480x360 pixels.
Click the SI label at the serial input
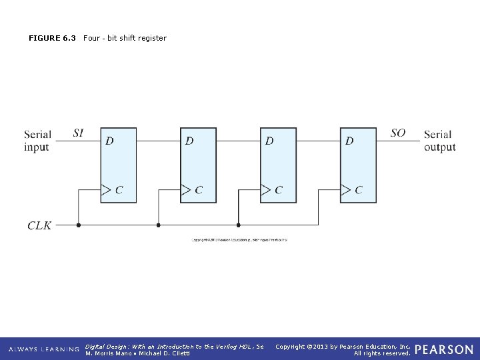point(79,133)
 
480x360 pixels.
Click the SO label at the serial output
point(398,133)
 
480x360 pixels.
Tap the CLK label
point(39,226)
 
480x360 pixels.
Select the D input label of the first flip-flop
point(109,141)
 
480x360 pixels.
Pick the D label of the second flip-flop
point(189,141)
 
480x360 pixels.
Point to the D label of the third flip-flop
point(269,141)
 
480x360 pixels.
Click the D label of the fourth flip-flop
point(349,141)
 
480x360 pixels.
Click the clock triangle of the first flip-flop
point(105,190)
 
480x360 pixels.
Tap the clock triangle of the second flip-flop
point(185,190)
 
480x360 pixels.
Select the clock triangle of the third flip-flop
point(265,190)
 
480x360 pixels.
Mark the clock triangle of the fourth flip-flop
point(345,190)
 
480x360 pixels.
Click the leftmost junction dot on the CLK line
point(79,225)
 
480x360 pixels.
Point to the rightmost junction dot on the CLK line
point(238,225)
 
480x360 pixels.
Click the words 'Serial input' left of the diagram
point(37,141)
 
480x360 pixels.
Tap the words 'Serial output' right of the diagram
point(439,141)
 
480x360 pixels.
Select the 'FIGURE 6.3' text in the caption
point(52,38)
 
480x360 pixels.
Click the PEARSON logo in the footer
point(444,349)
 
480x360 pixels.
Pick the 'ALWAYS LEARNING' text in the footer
point(43,349)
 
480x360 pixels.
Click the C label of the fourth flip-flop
point(359,190)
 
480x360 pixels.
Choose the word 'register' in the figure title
point(153,38)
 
